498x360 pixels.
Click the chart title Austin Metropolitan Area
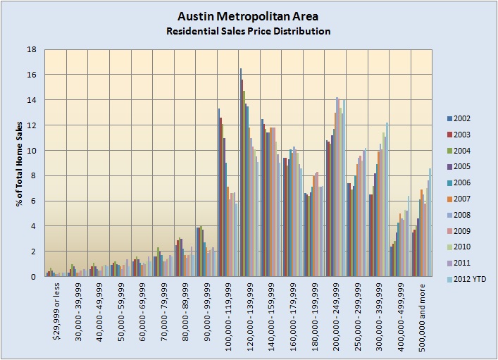tap(247, 17)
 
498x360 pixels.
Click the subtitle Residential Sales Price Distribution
tap(247, 31)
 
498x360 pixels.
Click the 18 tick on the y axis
tap(32, 49)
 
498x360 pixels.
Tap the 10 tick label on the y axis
tap(32, 151)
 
